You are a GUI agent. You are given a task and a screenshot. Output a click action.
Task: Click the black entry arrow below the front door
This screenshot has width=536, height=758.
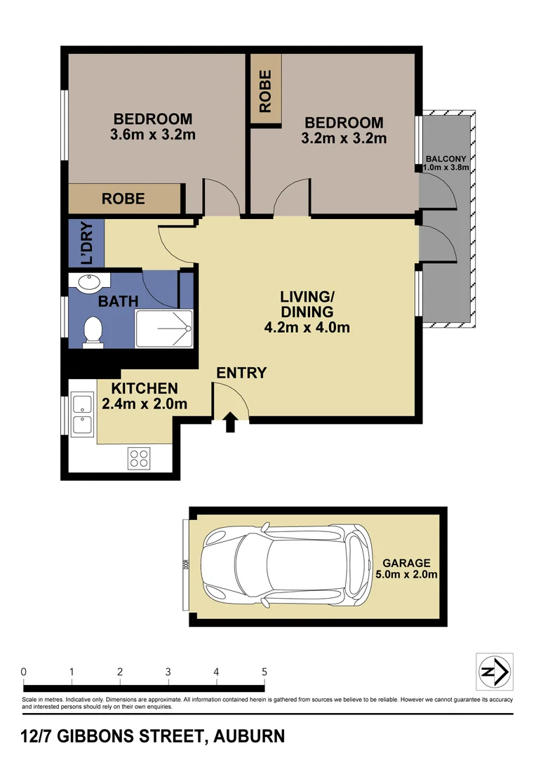pyautogui.click(x=231, y=423)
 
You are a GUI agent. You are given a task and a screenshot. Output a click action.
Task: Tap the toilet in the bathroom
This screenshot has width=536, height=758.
pyautogui.click(x=92, y=331)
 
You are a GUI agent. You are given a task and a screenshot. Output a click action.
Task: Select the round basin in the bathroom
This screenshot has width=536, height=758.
pyautogui.click(x=90, y=283)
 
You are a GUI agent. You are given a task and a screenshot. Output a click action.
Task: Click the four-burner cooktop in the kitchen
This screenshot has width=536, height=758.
pyautogui.click(x=139, y=458)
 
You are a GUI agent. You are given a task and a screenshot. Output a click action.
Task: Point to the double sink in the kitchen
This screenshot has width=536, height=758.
pyautogui.click(x=83, y=415)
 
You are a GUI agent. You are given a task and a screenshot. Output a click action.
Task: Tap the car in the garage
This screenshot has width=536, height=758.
pyautogui.click(x=283, y=565)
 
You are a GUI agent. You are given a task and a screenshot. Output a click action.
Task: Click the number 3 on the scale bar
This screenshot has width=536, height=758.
pyautogui.click(x=168, y=672)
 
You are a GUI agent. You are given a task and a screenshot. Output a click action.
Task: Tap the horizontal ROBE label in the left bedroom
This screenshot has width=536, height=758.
pyautogui.click(x=123, y=199)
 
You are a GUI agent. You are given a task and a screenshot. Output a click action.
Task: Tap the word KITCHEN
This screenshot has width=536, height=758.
pyautogui.click(x=145, y=388)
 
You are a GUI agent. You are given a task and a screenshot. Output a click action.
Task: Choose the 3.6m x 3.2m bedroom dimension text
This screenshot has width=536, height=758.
pyautogui.click(x=153, y=135)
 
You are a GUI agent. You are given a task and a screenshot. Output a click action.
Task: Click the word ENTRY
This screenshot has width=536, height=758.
pyautogui.click(x=241, y=373)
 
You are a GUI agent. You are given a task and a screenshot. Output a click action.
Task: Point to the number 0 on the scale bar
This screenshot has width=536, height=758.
pyautogui.click(x=24, y=672)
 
